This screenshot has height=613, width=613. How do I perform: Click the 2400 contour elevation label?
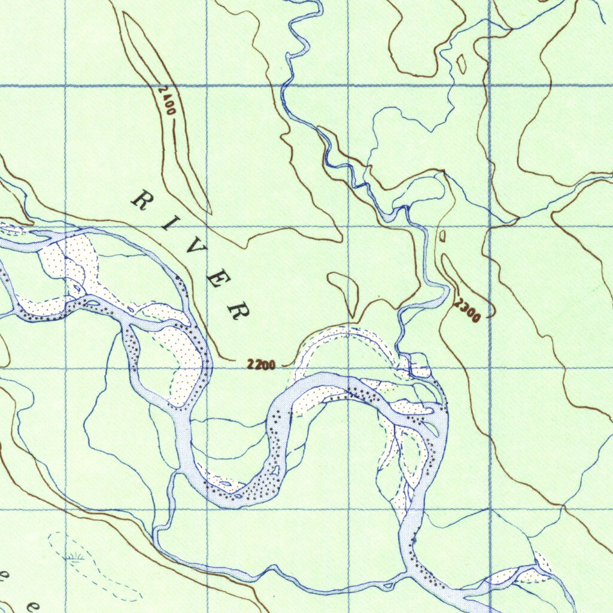[168, 101]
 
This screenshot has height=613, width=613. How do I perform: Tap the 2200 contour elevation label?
[261, 364]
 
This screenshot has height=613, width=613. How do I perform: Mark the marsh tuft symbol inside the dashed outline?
[75, 560]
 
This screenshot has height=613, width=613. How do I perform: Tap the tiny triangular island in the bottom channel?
[390, 584]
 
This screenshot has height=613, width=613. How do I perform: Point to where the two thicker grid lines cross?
[490, 86]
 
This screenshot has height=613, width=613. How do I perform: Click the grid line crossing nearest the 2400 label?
[207, 86]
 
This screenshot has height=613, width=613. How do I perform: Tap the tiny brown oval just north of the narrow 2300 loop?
[442, 236]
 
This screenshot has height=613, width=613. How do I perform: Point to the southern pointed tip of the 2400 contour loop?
[210, 212]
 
